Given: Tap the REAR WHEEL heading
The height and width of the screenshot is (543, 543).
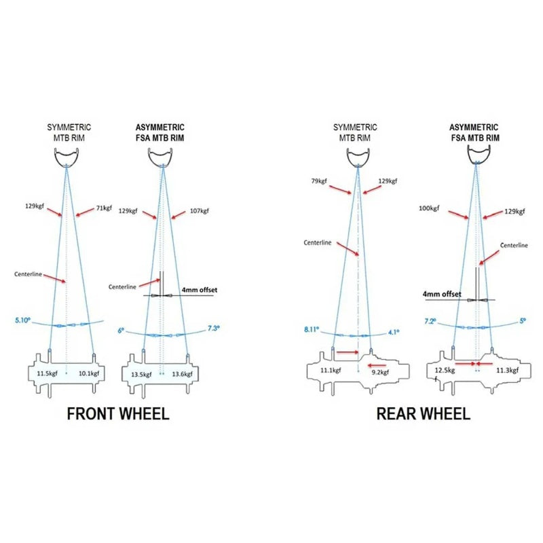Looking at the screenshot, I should [423, 413].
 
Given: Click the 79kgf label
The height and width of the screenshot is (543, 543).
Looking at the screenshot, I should [320, 181].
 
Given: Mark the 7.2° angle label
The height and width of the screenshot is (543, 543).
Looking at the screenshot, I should [430, 320].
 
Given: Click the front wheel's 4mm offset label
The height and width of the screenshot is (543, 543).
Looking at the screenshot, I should [200, 290].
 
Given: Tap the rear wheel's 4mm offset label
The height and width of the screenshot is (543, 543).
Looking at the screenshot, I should [441, 295].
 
